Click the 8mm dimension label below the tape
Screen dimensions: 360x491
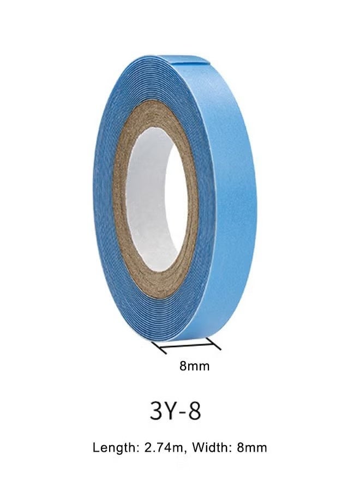point(194,366)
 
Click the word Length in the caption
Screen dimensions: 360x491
point(113,448)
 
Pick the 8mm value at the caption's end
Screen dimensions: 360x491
point(251,448)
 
